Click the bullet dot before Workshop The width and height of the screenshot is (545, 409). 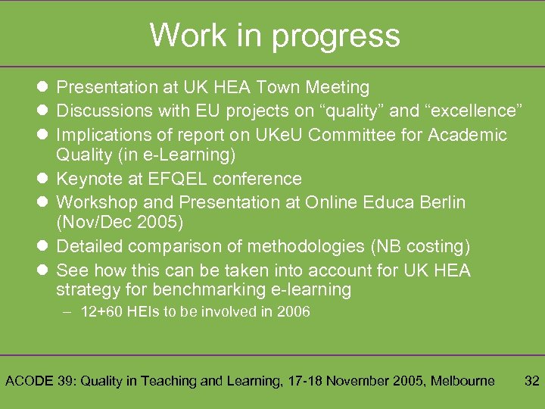coord(42,202)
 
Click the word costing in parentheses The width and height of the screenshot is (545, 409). coord(434,247)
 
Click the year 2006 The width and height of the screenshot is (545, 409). coord(293,312)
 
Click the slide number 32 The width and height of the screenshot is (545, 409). coord(532,381)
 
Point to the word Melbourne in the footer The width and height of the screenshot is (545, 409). coord(459,381)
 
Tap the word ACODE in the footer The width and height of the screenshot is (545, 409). coord(30,381)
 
